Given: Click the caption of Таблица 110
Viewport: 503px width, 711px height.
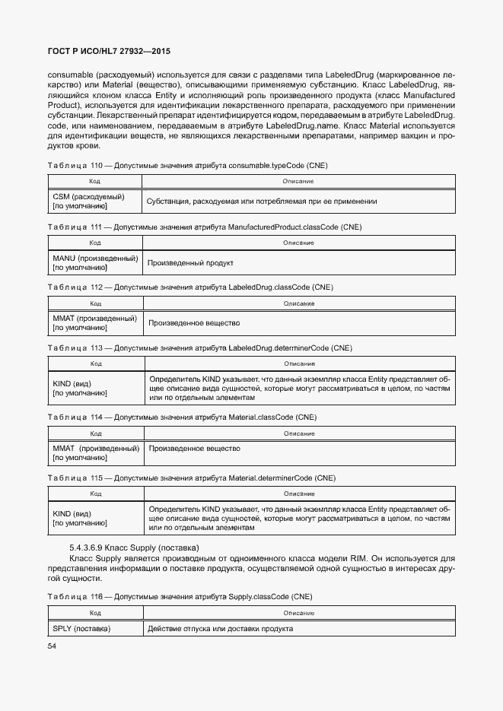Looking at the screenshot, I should [187, 165].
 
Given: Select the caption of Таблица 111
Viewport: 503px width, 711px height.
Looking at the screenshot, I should [204, 227].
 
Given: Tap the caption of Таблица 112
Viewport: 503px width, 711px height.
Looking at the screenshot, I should [190, 287].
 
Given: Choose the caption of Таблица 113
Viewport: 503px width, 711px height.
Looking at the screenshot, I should [199, 348].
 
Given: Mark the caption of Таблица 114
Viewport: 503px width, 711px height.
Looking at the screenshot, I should [182, 417].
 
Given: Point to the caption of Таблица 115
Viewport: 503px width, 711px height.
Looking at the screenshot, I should [191, 478].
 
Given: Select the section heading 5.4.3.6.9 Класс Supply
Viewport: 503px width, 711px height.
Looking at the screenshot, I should [134, 548].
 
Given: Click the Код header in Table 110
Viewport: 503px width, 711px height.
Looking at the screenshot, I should [94, 181].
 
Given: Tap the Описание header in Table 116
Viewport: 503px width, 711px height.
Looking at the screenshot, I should [299, 612].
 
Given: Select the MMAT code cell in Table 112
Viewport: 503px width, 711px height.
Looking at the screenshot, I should [94, 323].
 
